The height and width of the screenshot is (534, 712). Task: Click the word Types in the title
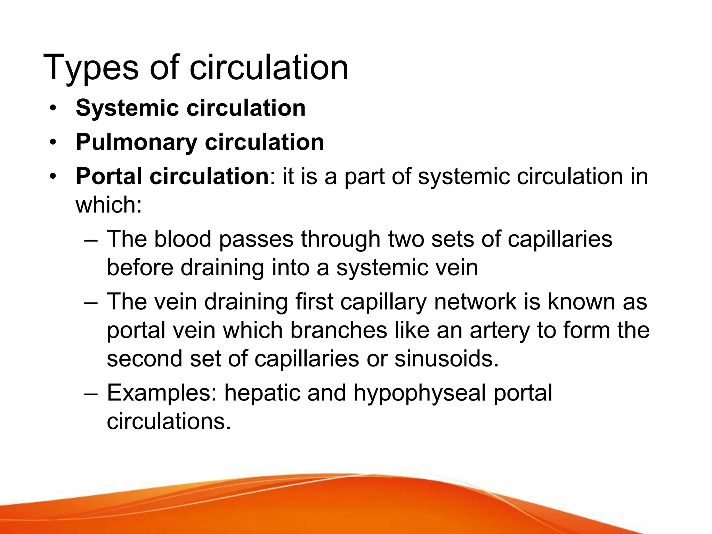[91, 68]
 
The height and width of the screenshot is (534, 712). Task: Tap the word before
[140, 268]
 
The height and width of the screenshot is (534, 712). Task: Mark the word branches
[339, 330]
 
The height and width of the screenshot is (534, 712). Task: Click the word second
[144, 358]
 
